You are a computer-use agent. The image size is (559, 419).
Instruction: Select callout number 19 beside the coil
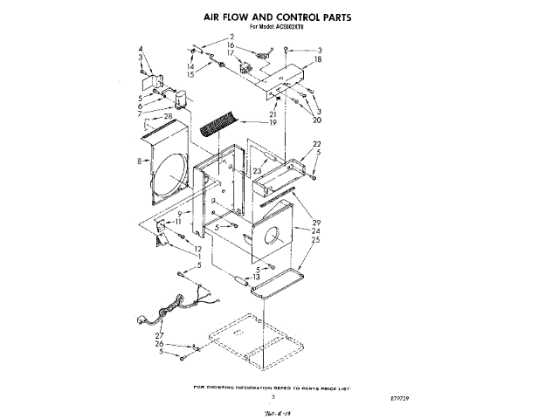pos(273,123)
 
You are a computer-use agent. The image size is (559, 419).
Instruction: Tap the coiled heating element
pos(218,121)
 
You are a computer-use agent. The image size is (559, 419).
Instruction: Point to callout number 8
pos(140,160)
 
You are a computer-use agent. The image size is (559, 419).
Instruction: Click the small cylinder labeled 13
pos(238,280)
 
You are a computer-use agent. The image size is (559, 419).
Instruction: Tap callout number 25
pos(315,239)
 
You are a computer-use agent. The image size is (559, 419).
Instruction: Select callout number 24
pos(315,230)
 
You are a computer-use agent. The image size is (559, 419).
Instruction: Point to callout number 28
pos(168,116)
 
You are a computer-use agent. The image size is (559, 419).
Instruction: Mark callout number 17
pos(231,53)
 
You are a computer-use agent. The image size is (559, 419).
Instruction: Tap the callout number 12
pos(198,249)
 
